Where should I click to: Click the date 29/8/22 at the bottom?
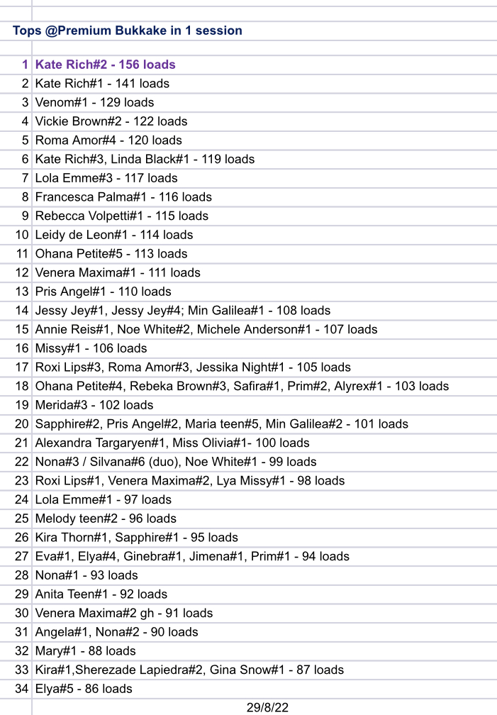[x=267, y=707]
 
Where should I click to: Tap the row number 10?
[x=22, y=235]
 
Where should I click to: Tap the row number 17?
[x=22, y=367]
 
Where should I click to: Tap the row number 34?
[x=22, y=689]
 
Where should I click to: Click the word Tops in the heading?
[x=26, y=31]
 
